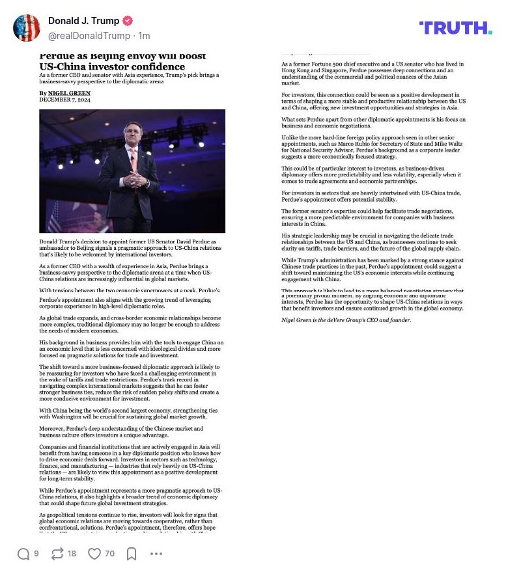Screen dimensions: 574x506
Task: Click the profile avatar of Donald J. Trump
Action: [x=27, y=28]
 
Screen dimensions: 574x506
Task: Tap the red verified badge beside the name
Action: [x=129, y=21]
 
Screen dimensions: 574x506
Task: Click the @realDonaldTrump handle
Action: [x=89, y=36]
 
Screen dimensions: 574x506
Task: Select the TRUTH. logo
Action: [x=455, y=28]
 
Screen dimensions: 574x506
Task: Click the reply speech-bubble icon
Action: [x=23, y=554]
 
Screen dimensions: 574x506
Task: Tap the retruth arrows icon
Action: [x=57, y=554]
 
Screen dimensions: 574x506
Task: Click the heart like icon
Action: [x=94, y=554]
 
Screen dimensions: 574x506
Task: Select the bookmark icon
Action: [x=132, y=554]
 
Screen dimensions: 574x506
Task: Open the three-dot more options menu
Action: [x=156, y=554]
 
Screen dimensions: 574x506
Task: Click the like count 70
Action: [x=109, y=554]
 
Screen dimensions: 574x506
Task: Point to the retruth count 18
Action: [x=72, y=554]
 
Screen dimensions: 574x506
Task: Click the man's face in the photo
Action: [x=133, y=133]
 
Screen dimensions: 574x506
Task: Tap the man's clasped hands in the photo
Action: [x=134, y=178]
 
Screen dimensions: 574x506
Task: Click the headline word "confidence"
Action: [x=155, y=66]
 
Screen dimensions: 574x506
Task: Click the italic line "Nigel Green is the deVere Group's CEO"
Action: [x=346, y=320]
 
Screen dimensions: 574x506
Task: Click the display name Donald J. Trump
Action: [x=84, y=21]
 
